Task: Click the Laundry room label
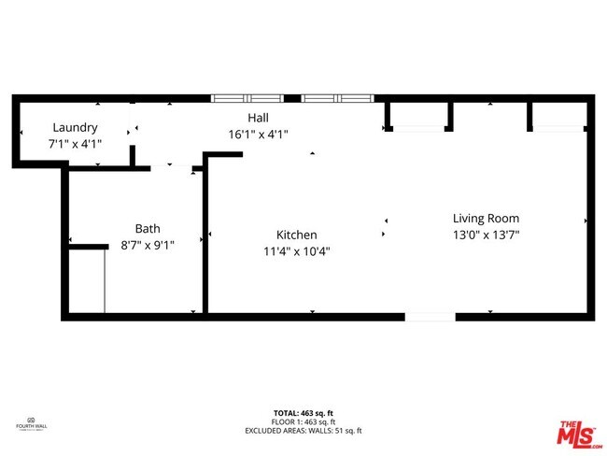tap(75, 128)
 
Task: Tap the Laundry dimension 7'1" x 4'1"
tap(75, 144)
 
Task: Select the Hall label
tap(258, 118)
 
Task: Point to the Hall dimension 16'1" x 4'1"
tap(258, 134)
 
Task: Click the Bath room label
tap(148, 228)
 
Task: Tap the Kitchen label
tap(296, 235)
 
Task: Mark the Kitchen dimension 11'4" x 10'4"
tap(296, 250)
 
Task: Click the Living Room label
tap(486, 219)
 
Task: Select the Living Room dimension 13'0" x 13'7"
tap(486, 235)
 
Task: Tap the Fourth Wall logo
tap(32, 422)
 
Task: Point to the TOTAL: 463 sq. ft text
tap(303, 411)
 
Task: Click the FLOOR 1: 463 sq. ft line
tap(303, 421)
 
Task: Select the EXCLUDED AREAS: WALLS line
tap(303, 431)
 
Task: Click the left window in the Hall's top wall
tap(247, 97)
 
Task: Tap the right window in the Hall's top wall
tap(336, 97)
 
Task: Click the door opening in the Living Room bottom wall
tap(430, 317)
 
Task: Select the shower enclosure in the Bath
tap(85, 280)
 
